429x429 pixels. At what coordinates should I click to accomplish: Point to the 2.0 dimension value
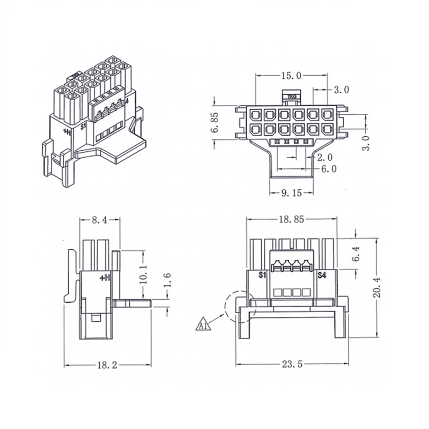click(x=325, y=157)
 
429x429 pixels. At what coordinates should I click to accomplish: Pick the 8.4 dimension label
click(x=99, y=219)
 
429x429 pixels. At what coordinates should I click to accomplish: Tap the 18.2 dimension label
click(x=107, y=365)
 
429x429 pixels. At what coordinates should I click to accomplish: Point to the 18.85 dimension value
click(x=291, y=219)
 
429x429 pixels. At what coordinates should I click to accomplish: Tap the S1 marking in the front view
click(x=262, y=275)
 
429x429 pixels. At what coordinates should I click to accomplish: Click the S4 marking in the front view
click(x=322, y=275)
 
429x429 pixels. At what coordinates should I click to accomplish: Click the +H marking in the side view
click(x=105, y=278)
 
